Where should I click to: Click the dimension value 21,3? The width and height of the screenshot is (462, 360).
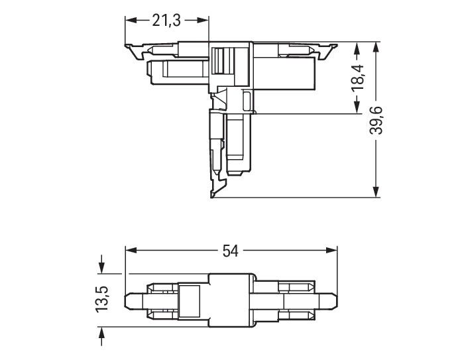(166, 21)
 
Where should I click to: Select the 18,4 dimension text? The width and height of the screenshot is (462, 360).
(359, 79)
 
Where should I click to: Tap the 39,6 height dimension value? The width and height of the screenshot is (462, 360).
(377, 120)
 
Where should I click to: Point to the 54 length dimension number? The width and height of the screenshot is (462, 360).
(230, 251)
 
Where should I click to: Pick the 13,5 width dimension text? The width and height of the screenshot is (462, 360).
(101, 300)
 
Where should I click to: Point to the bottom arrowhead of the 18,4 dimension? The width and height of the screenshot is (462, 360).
(358, 110)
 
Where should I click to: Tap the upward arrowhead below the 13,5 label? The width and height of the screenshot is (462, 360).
(101, 332)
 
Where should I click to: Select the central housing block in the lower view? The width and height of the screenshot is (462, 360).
(232, 300)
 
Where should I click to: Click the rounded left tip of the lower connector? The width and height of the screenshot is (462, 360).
(130, 300)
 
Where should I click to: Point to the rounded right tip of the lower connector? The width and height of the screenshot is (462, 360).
(334, 300)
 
